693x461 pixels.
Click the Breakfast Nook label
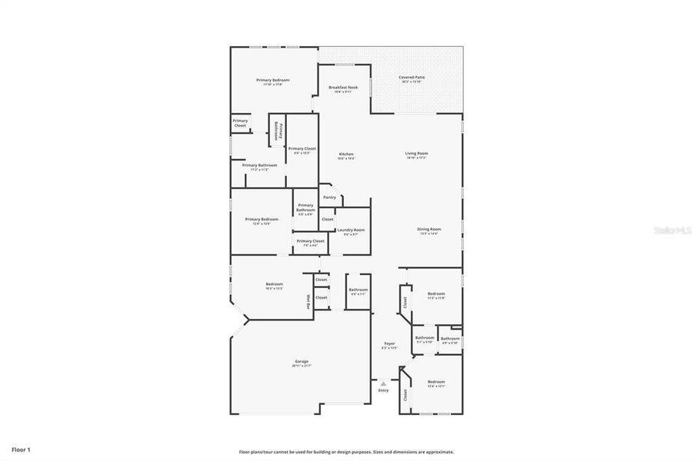click(x=343, y=88)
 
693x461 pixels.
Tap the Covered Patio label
click(x=411, y=78)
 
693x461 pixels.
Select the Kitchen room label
click(x=346, y=154)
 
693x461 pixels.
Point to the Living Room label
click(x=417, y=154)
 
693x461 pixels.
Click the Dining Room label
click(x=428, y=230)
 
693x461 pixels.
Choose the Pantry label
click(x=329, y=197)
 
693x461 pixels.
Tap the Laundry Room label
click(x=351, y=230)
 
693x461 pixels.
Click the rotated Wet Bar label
click(x=308, y=302)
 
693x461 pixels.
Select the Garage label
click(x=301, y=362)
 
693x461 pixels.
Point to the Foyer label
click(x=389, y=344)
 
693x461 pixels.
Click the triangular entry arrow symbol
click(x=383, y=383)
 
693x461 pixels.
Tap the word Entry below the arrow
click(x=383, y=390)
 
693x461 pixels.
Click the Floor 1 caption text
click(x=21, y=449)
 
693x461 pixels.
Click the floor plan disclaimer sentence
click(x=346, y=453)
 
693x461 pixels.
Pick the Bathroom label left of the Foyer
click(x=358, y=290)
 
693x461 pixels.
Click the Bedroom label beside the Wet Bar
click(x=274, y=285)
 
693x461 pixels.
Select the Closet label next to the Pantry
click(x=328, y=219)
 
